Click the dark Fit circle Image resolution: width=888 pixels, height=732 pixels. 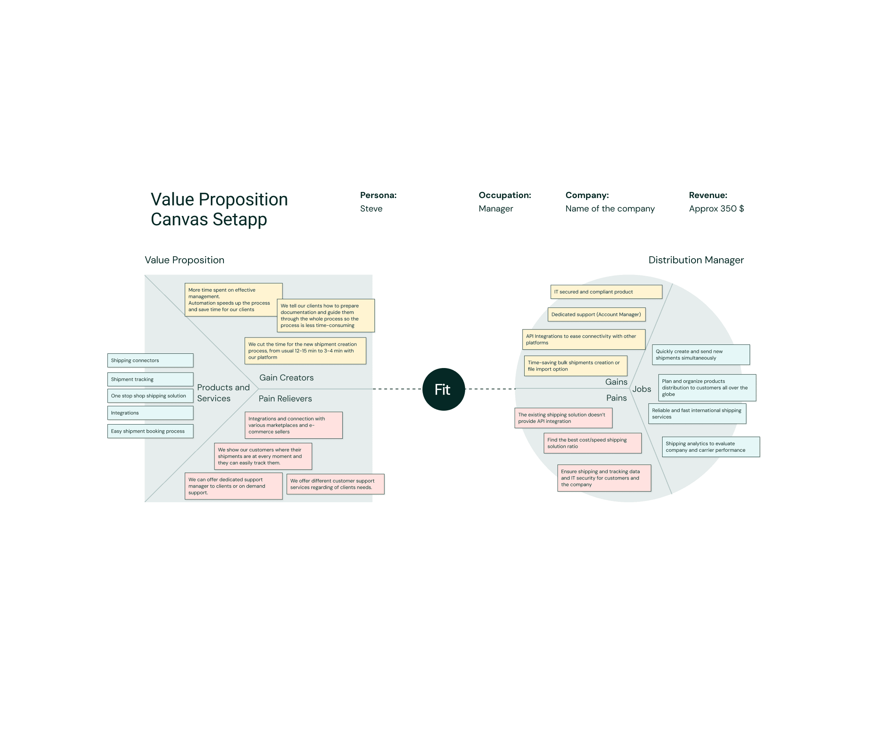pyautogui.click(x=443, y=389)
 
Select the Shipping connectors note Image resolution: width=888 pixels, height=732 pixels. pyautogui.click(x=150, y=361)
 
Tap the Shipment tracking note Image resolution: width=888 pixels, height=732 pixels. pyautogui.click(x=150, y=379)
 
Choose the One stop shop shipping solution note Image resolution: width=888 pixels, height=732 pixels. pyautogui.click(x=150, y=396)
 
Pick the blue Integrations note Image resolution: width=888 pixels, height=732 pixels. pyautogui.click(x=150, y=413)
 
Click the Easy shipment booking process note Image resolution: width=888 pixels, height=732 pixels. pyautogui.click(x=150, y=431)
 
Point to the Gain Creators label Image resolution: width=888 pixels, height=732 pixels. pyautogui.click(x=287, y=378)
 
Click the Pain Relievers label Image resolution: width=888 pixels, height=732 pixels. pyautogui.click(x=285, y=399)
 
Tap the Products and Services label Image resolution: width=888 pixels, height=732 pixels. pyautogui.click(x=223, y=393)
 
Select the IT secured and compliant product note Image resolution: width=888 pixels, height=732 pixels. pyautogui.click(x=606, y=292)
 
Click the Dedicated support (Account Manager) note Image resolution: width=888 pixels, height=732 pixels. pyautogui.click(x=596, y=315)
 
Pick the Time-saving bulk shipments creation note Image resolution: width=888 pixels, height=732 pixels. pyautogui.click(x=575, y=366)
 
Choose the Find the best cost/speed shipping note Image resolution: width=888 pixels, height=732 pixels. pyautogui.click(x=592, y=443)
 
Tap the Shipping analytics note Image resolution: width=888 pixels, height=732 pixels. pyautogui.click(x=711, y=447)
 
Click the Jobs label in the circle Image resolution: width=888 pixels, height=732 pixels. pyautogui.click(x=642, y=389)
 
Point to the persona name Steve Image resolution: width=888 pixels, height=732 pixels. pyautogui.click(x=371, y=209)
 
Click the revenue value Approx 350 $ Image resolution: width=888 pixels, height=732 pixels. pyautogui.click(x=716, y=209)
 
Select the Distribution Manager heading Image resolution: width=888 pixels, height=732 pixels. pyautogui.click(x=696, y=260)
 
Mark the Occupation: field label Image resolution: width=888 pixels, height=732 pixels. pyautogui.click(x=505, y=195)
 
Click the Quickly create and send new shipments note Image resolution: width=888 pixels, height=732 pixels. pyautogui.click(x=701, y=355)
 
